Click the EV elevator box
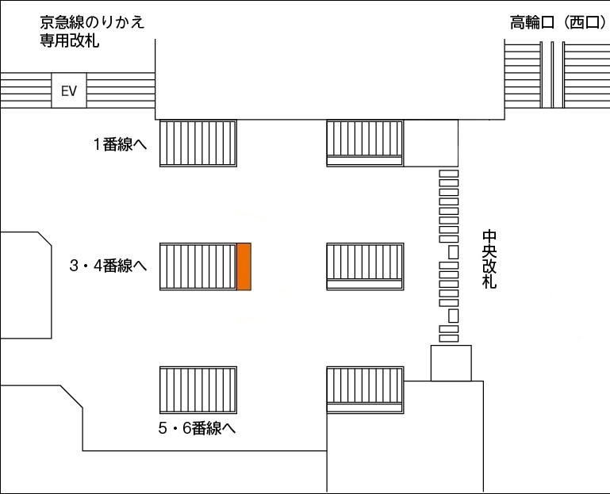coord(69,90)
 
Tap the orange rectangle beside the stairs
coord(244,266)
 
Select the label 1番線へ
coord(121,144)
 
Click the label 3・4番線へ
coord(108,266)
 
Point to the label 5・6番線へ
coord(197,428)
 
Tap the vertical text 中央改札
coord(489,259)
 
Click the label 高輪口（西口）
coord(558,22)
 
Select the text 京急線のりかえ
coord(92,22)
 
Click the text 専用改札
coord(69,40)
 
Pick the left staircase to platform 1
coord(198,144)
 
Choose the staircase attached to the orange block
coord(198,266)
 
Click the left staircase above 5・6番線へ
coord(198,390)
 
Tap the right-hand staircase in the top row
coord(365,144)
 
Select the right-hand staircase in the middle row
coord(365,266)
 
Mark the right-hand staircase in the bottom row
coord(365,390)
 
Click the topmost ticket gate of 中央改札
coord(449,174)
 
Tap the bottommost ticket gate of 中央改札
coord(449,339)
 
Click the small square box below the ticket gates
coord(451,363)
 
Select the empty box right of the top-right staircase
coord(431,144)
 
